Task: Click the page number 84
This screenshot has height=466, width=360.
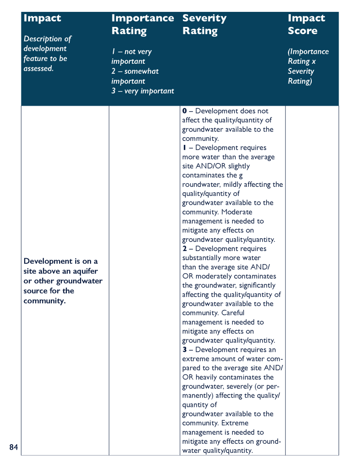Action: coord(14,447)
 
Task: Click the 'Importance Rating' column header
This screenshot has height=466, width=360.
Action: coord(142,25)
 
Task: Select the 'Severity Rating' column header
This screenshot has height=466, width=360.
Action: coord(204,25)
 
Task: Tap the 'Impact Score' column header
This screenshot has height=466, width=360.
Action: coord(306,25)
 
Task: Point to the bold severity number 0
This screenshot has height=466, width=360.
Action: coord(184,111)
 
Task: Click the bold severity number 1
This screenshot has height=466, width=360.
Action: coord(184,148)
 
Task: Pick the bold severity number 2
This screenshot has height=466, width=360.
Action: coord(184,249)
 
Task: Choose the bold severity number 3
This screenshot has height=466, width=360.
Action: coord(184,350)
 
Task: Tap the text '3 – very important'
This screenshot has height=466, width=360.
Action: coord(142,91)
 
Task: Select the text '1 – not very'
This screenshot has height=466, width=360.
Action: coord(132,51)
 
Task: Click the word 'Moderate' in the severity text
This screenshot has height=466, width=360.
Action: coord(237,212)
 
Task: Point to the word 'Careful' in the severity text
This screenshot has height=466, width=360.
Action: coord(233,313)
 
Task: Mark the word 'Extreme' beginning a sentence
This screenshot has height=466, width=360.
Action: coord(235,423)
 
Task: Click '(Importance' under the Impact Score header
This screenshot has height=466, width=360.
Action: coord(308,51)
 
